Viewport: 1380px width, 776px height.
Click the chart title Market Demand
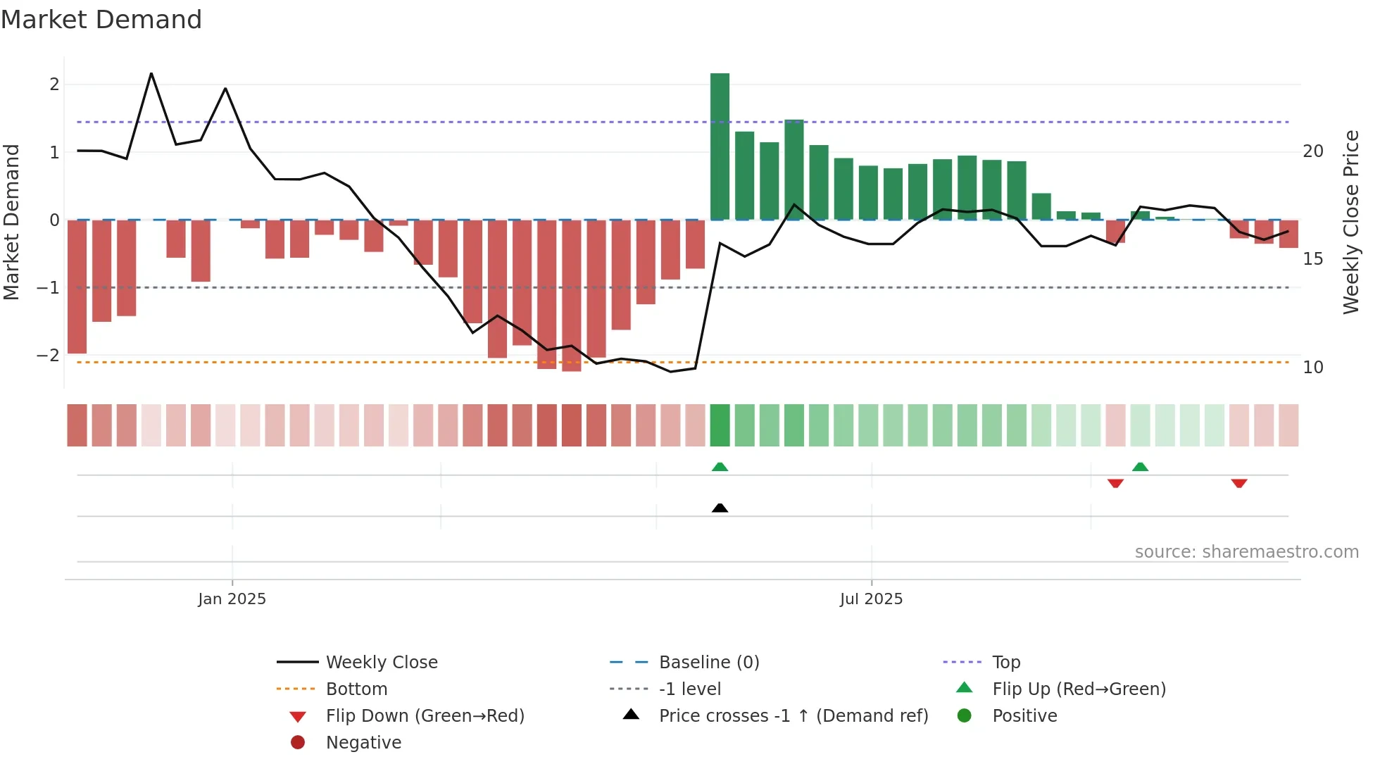pyautogui.click(x=101, y=20)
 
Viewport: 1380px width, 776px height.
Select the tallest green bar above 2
pyautogui.click(x=720, y=146)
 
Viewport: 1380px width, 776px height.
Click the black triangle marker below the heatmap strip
pyautogui.click(x=720, y=508)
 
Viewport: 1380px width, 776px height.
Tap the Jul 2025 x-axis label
pyautogui.click(x=871, y=599)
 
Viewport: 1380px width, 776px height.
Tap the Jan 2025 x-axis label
pyautogui.click(x=232, y=599)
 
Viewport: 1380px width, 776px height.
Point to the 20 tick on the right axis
pyautogui.click(x=1312, y=151)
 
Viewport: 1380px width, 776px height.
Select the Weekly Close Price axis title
pyautogui.click(x=1350, y=222)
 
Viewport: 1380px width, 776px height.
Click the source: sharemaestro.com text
pyautogui.click(x=1246, y=552)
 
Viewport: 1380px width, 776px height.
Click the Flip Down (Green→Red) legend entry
pyautogui.click(x=425, y=716)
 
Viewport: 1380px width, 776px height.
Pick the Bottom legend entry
pyautogui.click(x=356, y=689)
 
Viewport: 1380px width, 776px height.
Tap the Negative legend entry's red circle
pyautogui.click(x=298, y=743)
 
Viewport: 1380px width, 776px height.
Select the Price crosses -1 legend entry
pyautogui.click(x=793, y=716)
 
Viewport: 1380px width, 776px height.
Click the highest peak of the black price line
pyautogui.click(x=151, y=73)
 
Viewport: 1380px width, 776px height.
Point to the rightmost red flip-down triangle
pyautogui.click(x=1238, y=483)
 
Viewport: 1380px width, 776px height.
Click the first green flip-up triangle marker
pyautogui.click(x=720, y=467)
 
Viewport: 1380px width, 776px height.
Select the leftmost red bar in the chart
pyautogui.click(x=77, y=287)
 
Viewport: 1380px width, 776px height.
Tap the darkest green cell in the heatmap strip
pyautogui.click(x=720, y=425)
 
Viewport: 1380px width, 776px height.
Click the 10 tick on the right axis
pyautogui.click(x=1312, y=368)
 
